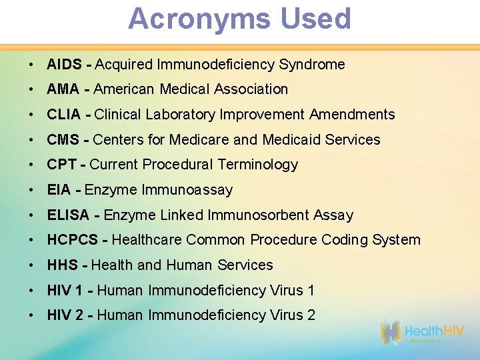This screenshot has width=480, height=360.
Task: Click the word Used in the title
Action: (x=315, y=19)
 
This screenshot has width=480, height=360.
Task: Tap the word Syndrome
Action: (x=312, y=65)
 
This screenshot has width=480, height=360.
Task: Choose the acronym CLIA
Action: (x=65, y=115)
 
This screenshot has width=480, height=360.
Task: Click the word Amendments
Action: (x=352, y=115)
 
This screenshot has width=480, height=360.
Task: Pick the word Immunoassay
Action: (x=187, y=190)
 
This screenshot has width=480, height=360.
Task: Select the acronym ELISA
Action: (x=69, y=215)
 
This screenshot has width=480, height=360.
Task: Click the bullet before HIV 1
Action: (x=33, y=291)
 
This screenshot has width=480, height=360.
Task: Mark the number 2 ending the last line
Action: (x=311, y=315)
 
